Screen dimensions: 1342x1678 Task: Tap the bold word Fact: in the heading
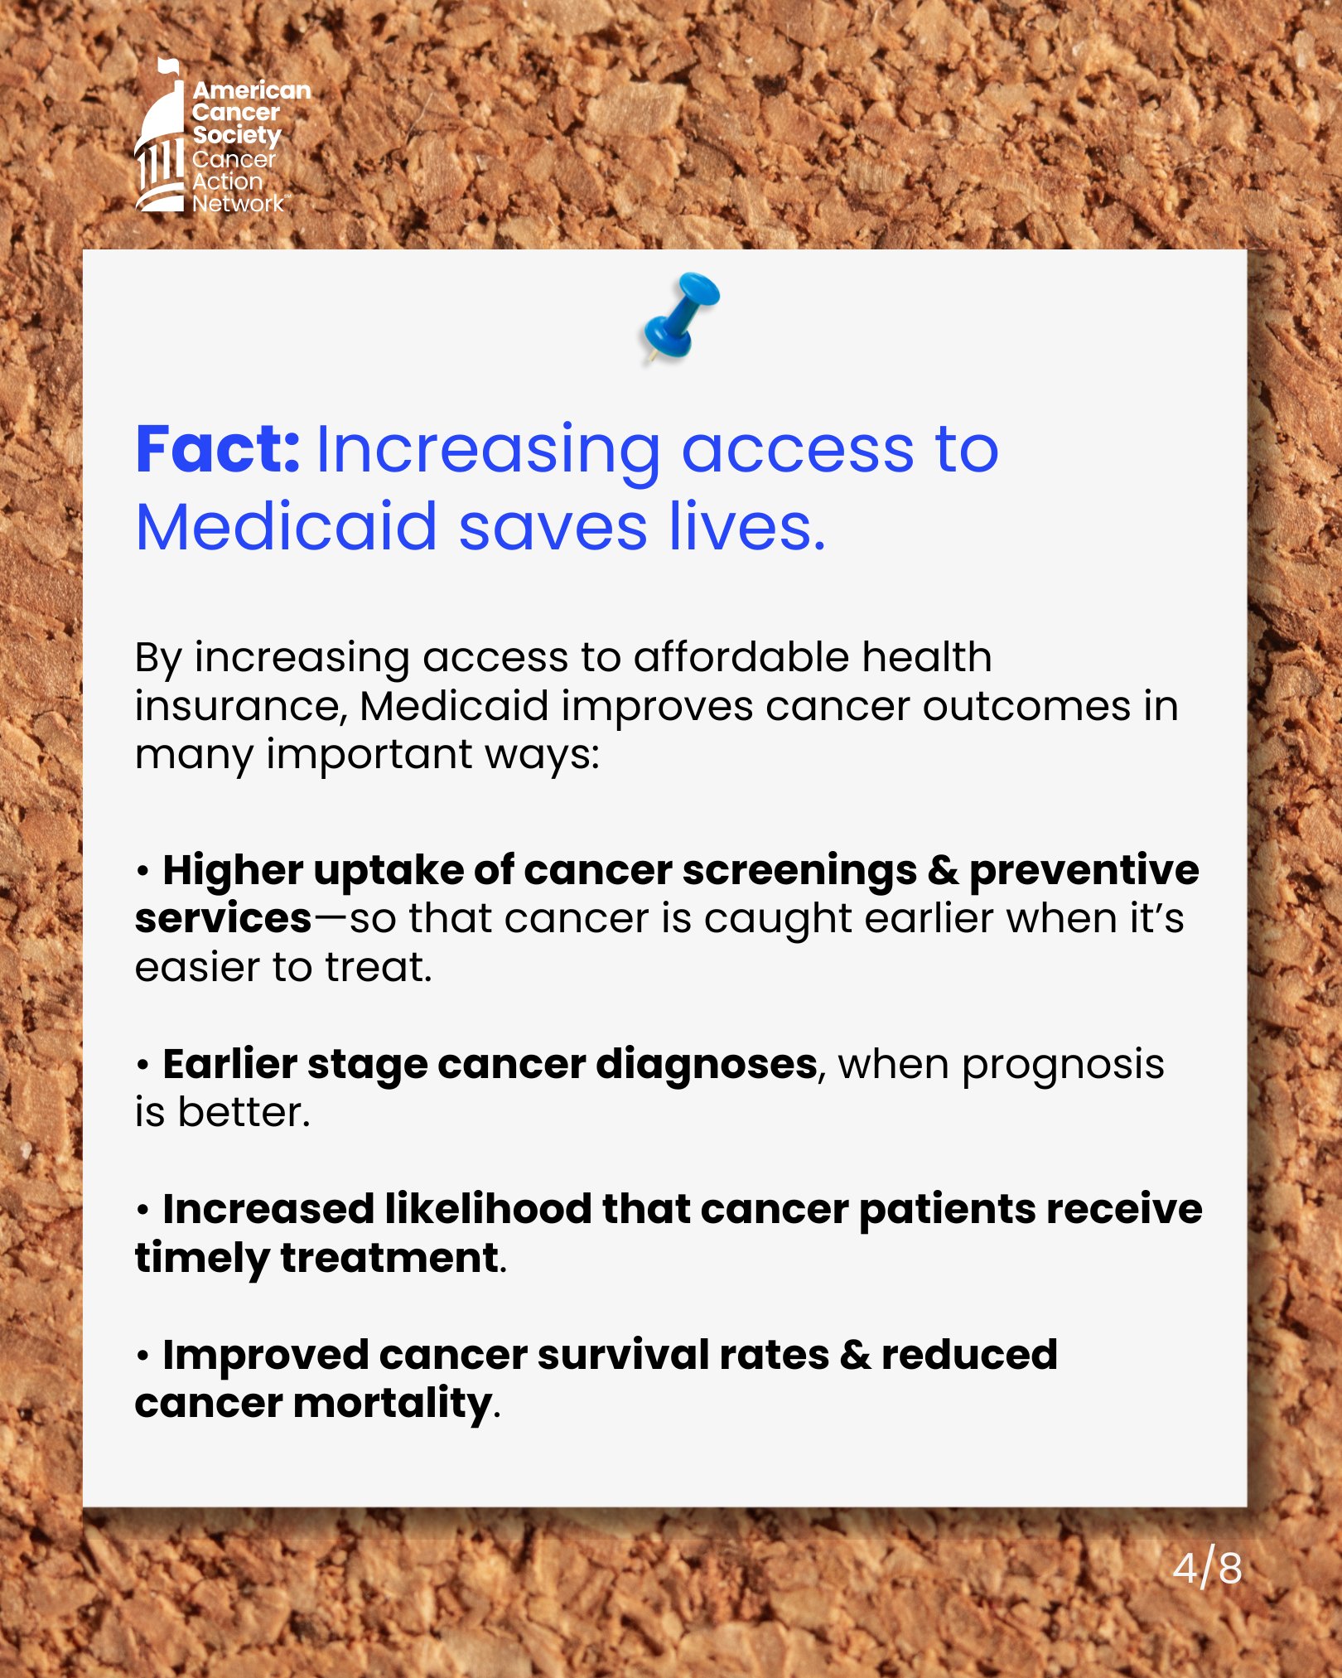coord(217,450)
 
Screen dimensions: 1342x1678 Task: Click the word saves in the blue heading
coord(553,528)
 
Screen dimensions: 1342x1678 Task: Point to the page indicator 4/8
coord(1208,1568)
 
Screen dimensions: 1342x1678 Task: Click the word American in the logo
coord(252,90)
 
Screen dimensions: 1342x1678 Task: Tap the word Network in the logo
coord(239,203)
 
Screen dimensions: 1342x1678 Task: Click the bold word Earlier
coord(229,1064)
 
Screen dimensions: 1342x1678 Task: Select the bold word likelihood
coord(488,1209)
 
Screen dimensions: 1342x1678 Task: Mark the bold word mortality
coord(393,1405)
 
